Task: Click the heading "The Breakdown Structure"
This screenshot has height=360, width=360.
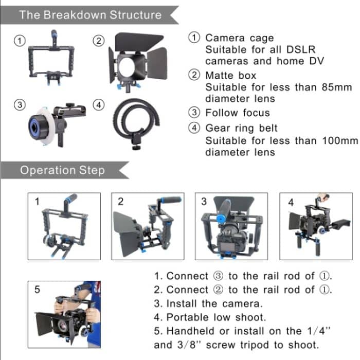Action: pyautogui.click(x=90, y=14)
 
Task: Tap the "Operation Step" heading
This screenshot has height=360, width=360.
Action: pyautogui.click(x=62, y=170)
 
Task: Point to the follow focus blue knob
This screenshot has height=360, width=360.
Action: pyautogui.click(x=39, y=123)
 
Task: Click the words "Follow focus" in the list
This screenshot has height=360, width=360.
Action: pyautogui.click(x=237, y=113)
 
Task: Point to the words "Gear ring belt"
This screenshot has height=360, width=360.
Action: pyautogui.click(x=241, y=128)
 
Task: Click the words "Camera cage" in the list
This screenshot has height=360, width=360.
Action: pyautogui.click(x=239, y=38)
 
